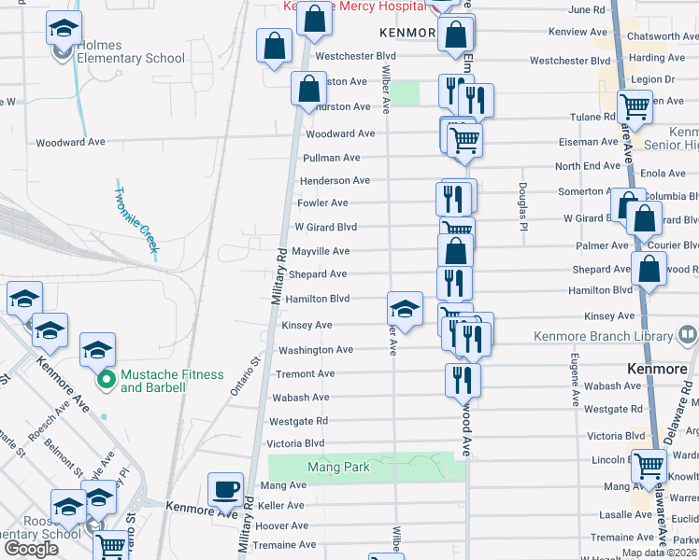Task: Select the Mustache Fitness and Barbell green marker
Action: [x=107, y=380]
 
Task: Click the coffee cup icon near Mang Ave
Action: [x=225, y=489]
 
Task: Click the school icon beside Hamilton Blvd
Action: [x=404, y=308]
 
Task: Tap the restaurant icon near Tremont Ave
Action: [x=463, y=379]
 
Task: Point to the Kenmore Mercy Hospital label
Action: [x=355, y=6]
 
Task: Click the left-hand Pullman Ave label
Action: [x=332, y=158]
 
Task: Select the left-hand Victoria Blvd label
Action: [x=295, y=443]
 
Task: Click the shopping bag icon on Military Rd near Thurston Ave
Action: [x=308, y=90]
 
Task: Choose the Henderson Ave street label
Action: [x=334, y=180]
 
